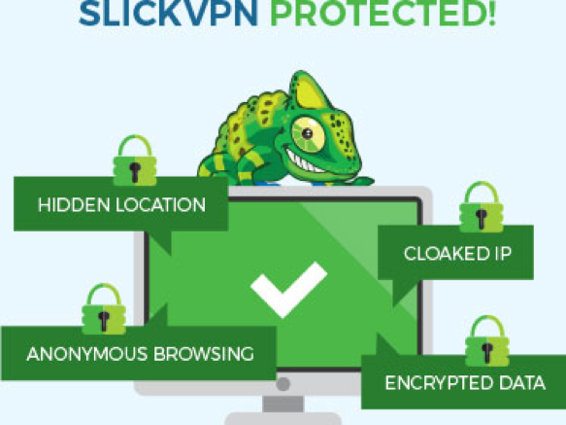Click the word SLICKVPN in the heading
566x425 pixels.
point(168,14)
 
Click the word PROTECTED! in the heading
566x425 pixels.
point(383,14)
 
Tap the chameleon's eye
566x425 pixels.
point(308,134)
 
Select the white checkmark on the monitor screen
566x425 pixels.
point(288,290)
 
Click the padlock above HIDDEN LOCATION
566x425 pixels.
point(135,160)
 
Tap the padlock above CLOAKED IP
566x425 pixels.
point(482,207)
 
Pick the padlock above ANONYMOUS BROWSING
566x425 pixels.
point(104,309)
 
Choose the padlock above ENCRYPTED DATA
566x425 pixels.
point(487,340)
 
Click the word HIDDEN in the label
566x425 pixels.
point(74,205)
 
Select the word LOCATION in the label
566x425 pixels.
point(161,205)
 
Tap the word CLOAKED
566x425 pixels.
point(447,253)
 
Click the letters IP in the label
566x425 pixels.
point(503,253)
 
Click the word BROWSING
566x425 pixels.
point(204,354)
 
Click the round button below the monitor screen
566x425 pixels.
point(283,384)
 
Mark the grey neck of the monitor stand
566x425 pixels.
point(283,404)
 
